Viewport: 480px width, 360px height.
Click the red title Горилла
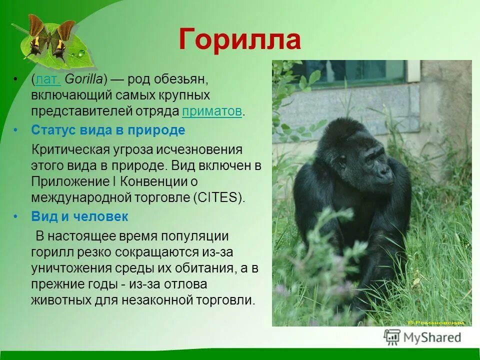tap(239, 39)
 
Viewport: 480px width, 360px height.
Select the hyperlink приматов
tap(212, 111)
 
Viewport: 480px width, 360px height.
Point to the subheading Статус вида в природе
tap(108, 130)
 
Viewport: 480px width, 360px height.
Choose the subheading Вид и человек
tap(79, 216)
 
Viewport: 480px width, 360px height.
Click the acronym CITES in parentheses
tap(218, 197)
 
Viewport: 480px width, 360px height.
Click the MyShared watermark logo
tap(422, 337)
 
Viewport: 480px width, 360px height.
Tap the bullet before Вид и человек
tap(16, 216)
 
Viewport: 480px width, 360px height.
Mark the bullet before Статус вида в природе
tap(16, 130)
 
